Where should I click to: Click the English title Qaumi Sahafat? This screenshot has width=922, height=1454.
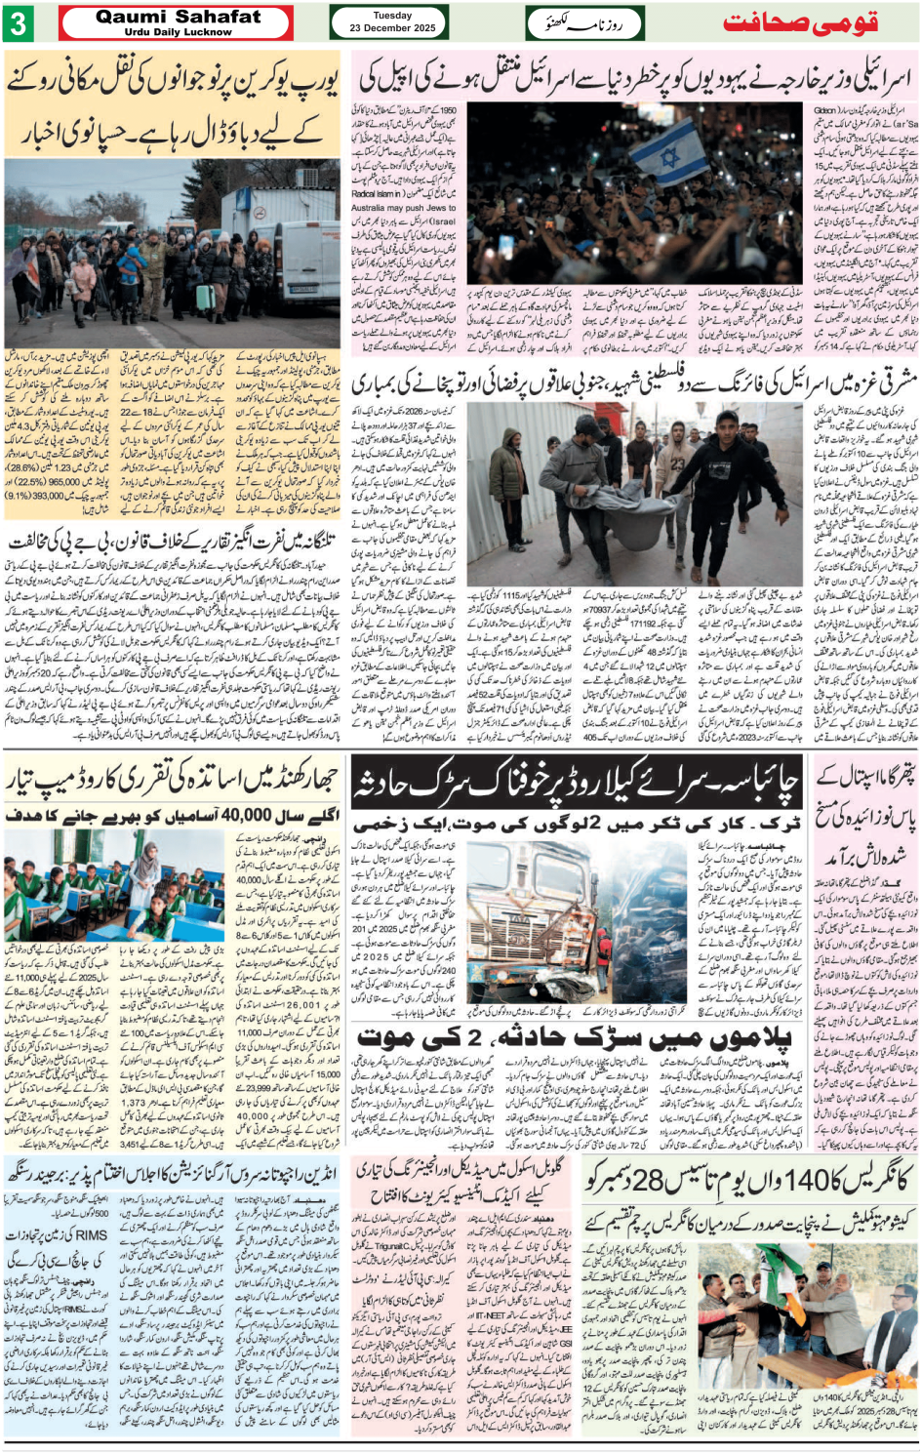pyautogui.click(x=178, y=17)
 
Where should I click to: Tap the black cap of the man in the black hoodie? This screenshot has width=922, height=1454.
pyautogui.click(x=726, y=421)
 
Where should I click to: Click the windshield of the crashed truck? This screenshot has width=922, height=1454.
pyautogui.click(x=526, y=893)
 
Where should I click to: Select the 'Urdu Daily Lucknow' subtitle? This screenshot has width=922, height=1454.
pyautogui.click(x=178, y=32)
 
